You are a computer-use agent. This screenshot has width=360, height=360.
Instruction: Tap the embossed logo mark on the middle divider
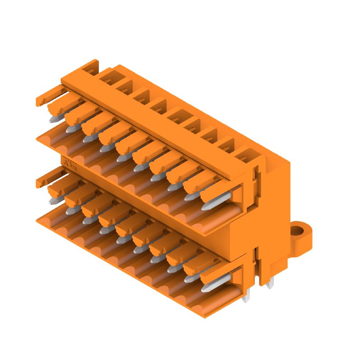[70, 163]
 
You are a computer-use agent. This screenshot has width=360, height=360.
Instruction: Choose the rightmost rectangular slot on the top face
[244, 157]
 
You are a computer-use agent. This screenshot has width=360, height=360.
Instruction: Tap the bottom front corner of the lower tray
[205, 317]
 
